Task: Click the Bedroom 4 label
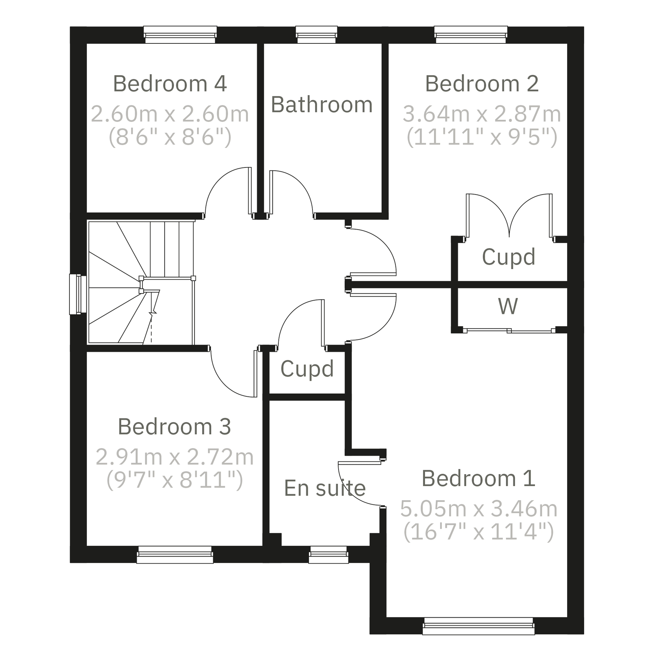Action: coord(170,84)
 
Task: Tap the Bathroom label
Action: coord(322,105)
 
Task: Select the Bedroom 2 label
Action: coord(481,84)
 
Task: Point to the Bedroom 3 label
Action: coord(174,426)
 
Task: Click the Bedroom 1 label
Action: coord(478,478)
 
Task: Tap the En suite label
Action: coord(325,488)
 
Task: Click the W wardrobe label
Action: coord(508,306)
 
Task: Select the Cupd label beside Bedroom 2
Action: coord(508,257)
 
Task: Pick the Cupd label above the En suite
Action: coord(307,369)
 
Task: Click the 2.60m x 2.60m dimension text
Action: coord(170,114)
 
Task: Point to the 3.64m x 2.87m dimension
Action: coord(481,114)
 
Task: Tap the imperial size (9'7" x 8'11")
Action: coord(174,480)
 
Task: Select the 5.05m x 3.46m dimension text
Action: coord(478,509)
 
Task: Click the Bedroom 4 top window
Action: coord(180,35)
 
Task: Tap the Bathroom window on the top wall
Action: coord(316,35)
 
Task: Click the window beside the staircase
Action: coord(78,294)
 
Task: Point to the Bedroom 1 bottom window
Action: coord(478,626)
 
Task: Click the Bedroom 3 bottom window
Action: coord(175,554)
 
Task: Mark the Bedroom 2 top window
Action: coord(471,35)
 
